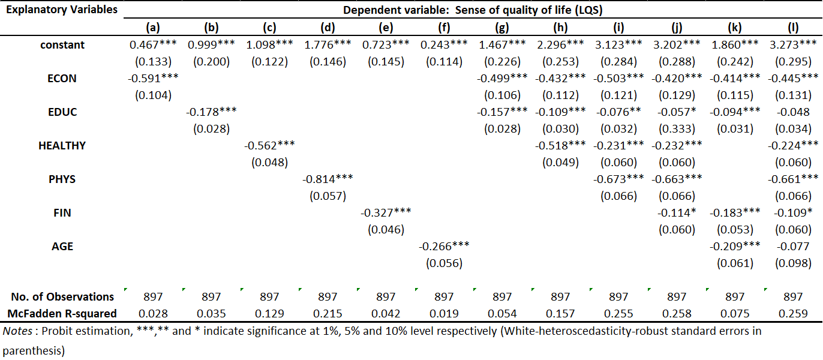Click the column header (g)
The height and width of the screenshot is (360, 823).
tap(502, 28)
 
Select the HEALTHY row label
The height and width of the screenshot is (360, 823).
tap(62, 146)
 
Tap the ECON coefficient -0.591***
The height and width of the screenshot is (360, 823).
tap(153, 78)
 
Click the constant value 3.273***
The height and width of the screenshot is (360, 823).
tap(793, 45)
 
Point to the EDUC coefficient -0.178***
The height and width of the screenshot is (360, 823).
tap(211, 112)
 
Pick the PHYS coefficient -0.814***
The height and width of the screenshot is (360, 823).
tap(328, 179)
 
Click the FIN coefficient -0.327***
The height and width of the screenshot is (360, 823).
tap(386, 212)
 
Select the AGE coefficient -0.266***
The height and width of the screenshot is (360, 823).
tap(444, 246)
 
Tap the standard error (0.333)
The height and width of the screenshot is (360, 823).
tap(677, 129)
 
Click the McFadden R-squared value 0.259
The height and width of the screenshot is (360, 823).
tap(793, 314)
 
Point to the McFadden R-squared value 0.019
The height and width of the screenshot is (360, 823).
tap(444, 314)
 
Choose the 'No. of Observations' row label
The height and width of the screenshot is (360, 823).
tap(62, 297)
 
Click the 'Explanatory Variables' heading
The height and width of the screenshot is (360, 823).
tap(62, 10)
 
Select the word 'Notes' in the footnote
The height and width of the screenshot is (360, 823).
tap(17, 331)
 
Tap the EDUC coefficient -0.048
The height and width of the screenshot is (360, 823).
tap(793, 112)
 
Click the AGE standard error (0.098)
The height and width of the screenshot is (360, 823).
tap(793, 263)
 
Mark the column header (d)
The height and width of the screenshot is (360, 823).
tap(328, 28)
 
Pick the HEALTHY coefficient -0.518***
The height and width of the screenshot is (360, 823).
tap(560, 146)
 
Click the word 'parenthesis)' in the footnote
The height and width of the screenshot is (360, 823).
tap(34, 351)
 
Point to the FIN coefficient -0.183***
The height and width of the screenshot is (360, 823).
tap(735, 212)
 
